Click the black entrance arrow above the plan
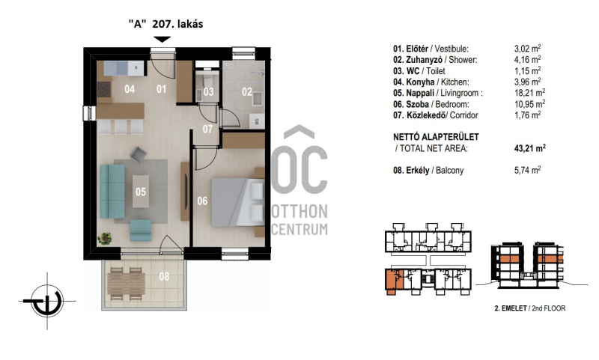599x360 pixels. click(x=162, y=40)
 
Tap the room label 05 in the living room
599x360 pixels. click(x=141, y=192)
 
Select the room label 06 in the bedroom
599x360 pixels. click(x=202, y=201)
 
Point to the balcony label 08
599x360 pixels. click(x=164, y=276)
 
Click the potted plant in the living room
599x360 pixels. click(x=104, y=239)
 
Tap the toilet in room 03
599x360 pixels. click(x=208, y=81)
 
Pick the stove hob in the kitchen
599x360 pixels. click(x=103, y=89)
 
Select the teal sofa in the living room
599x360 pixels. click(x=112, y=192)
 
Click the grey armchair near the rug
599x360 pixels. click(x=138, y=154)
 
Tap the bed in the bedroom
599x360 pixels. click(x=237, y=202)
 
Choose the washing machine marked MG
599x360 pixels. click(x=257, y=121)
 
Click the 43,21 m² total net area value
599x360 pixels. click(x=530, y=148)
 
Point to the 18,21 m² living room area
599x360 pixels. click(x=529, y=93)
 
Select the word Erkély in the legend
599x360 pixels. click(x=417, y=170)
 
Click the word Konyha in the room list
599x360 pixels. click(x=420, y=82)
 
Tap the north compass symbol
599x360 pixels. click(x=47, y=301)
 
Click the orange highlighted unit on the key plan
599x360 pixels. click(x=395, y=281)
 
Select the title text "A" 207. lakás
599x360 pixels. click(x=165, y=24)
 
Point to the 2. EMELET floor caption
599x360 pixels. click(x=511, y=308)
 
